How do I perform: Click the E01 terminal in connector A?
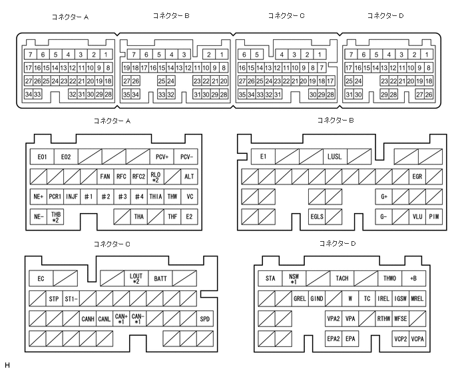pyautogui.click(x=42, y=157)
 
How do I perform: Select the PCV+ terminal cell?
pyautogui.click(x=162, y=157)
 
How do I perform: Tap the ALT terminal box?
pyautogui.click(x=190, y=177)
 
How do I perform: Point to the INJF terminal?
pyautogui.click(x=72, y=197)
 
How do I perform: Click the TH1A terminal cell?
pyautogui.click(x=156, y=197)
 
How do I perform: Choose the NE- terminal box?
pyautogui.click(x=38, y=216)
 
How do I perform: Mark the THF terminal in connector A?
pyautogui.click(x=172, y=216)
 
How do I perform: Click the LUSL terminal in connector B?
pyautogui.click(x=334, y=157)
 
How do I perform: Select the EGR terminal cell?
pyautogui.click(x=417, y=177)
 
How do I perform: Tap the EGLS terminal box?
pyautogui.click(x=318, y=216)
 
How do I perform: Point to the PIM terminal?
pyautogui.click(x=434, y=216)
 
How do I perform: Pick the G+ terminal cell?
pyautogui.click(x=384, y=197)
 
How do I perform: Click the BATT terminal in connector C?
pyautogui.click(x=160, y=278)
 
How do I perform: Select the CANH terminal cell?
pyautogui.click(x=88, y=319)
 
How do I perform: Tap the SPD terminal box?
pyautogui.click(x=205, y=319)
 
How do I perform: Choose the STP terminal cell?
pyautogui.click(x=54, y=298)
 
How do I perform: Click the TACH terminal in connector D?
pyautogui.click(x=342, y=278)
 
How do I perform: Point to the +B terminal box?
pyautogui.click(x=413, y=278)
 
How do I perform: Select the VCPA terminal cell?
pyautogui.click(x=417, y=339)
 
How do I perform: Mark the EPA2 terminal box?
pyautogui.click(x=334, y=339)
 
